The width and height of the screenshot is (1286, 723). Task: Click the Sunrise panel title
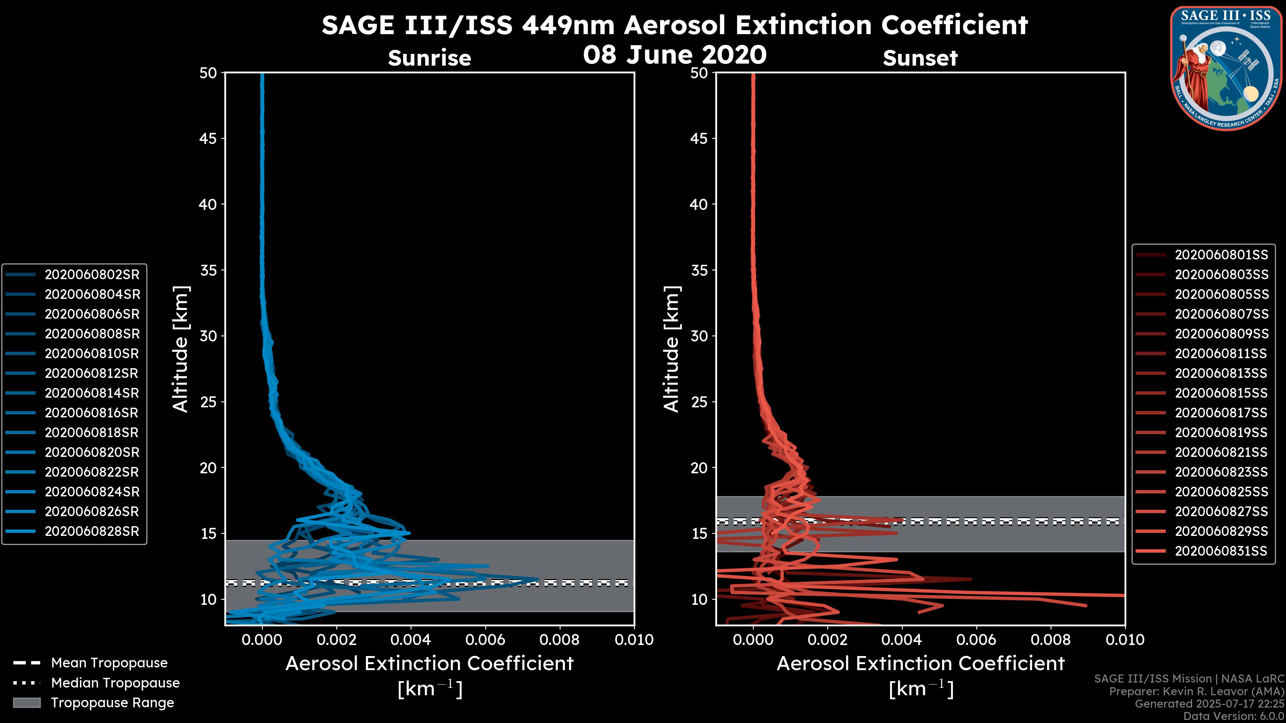point(429,58)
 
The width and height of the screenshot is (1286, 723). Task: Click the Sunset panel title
point(920,58)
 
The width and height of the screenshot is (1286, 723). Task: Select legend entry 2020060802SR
point(92,274)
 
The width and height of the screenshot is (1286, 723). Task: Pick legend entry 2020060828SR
point(92,532)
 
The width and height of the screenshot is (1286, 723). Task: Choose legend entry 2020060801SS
point(1221,255)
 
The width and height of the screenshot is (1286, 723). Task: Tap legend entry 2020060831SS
point(1221,551)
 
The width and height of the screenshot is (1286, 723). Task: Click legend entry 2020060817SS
point(1221,413)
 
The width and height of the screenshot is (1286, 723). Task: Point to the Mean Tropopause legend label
point(109,663)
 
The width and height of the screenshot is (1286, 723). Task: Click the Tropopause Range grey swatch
point(26,703)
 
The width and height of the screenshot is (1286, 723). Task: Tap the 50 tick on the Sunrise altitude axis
point(208,73)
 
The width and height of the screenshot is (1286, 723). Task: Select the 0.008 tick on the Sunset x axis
point(1051,640)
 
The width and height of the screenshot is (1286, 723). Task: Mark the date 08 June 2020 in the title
point(674,54)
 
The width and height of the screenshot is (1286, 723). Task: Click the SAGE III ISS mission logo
point(1226,68)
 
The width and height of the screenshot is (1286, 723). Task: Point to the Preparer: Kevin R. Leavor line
point(1196,692)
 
